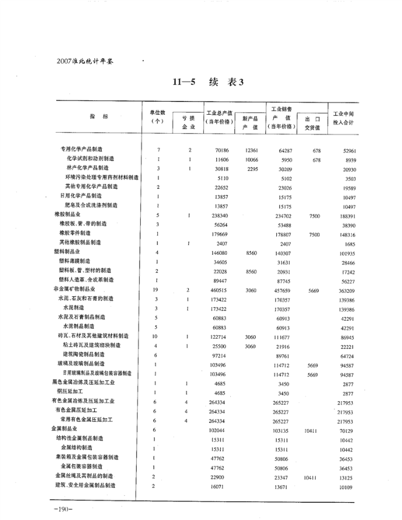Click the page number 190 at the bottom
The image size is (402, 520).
60,509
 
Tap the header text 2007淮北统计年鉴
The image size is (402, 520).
83,59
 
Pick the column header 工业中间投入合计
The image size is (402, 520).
347,117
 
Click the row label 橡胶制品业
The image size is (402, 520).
67,215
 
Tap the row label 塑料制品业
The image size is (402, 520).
67,252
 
